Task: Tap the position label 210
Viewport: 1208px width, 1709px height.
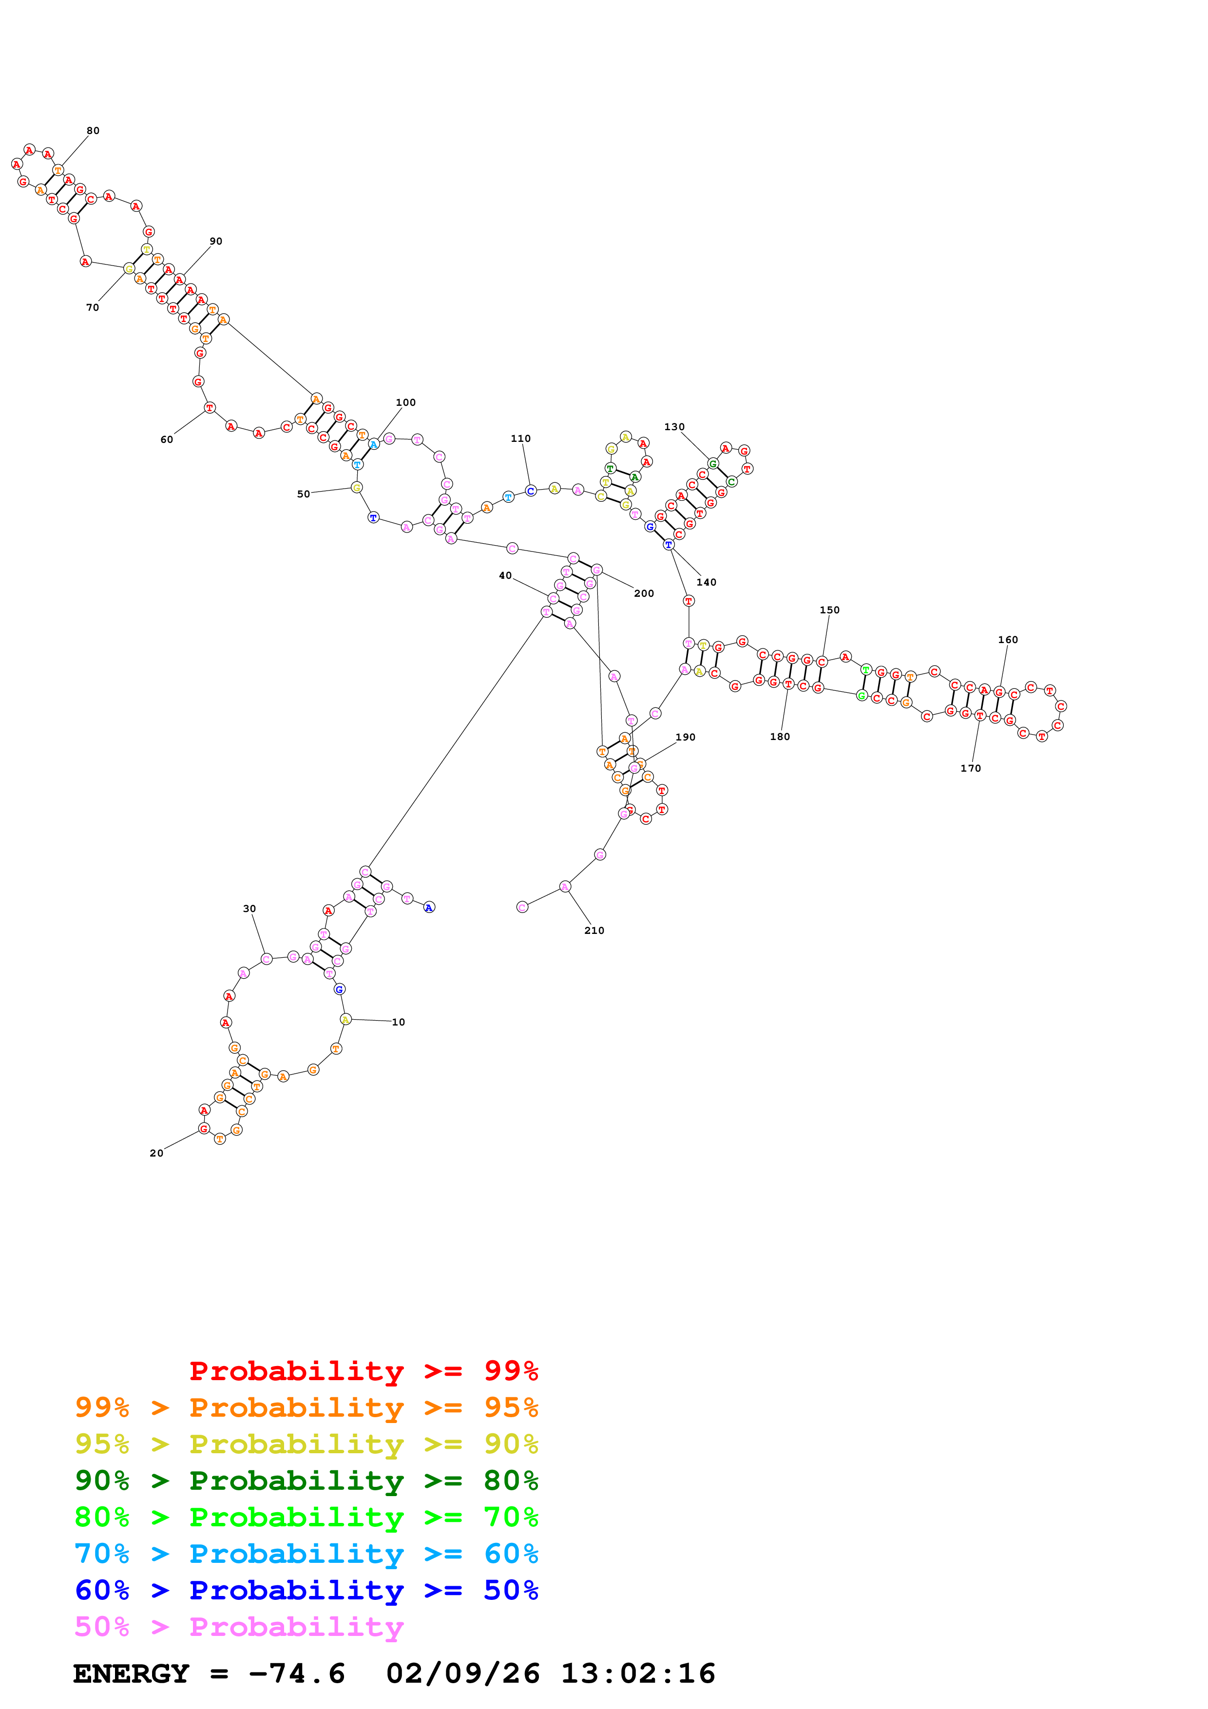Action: pyautogui.click(x=594, y=930)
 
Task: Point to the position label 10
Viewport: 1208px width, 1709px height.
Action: pyautogui.click(x=398, y=1022)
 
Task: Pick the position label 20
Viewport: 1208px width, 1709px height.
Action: pyautogui.click(x=156, y=1153)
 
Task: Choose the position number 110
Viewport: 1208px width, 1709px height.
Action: pyautogui.click(x=520, y=438)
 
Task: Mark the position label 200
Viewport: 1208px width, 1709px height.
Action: pyautogui.click(x=644, y=593)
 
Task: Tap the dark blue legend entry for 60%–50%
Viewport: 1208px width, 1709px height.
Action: pyautogui.click(x=306, y=1590)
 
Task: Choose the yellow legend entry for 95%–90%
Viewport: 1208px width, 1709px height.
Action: pyautogui.click(x=306, y=1443)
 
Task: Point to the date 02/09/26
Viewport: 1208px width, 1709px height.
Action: pyautogui.click(x=462, y=1673)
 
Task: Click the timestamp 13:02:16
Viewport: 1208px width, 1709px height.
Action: pyautogui.click(x=638, y=1673)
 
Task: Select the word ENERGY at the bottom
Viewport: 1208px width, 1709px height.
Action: pyautogui.click(x=131, y=1673)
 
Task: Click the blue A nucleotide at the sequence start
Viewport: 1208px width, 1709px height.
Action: pyautogui.click(x=429, y=907)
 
